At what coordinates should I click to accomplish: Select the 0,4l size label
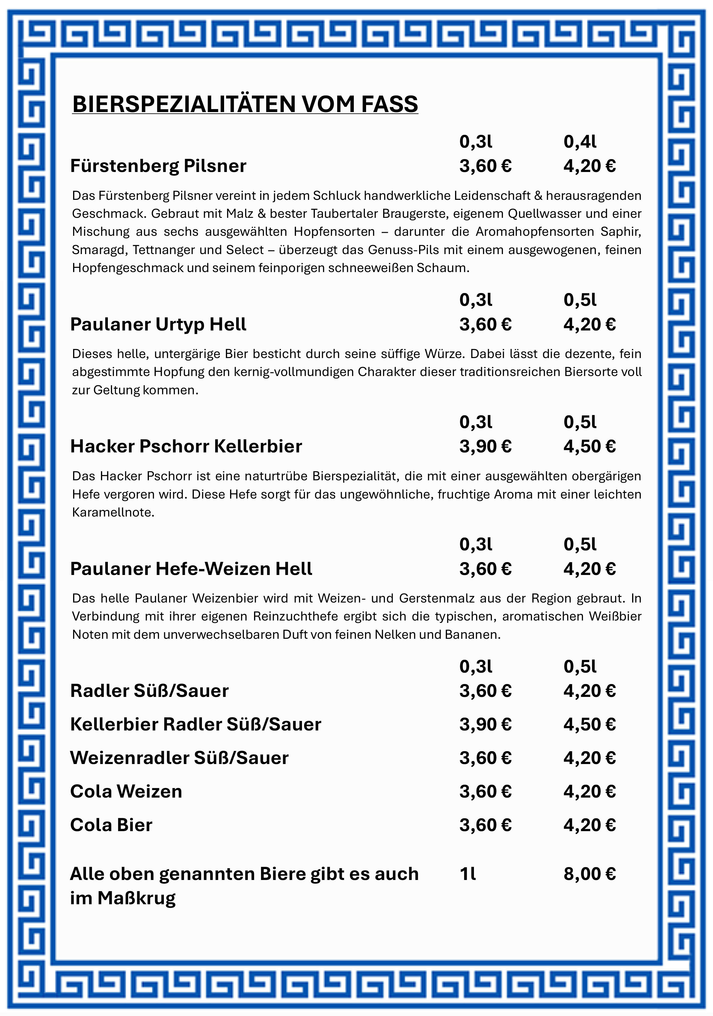[580, 142]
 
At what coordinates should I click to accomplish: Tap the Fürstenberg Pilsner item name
[158, 166]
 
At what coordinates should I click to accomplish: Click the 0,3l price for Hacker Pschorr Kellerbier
[485, 446]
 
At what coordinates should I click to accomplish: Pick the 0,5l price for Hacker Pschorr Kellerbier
[589, 446]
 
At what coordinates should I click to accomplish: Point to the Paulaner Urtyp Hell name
[158, 324]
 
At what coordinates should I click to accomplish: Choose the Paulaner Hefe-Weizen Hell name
[191, 569]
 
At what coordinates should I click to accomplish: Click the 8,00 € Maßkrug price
[589, 874]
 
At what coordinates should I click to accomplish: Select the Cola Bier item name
[111, 825]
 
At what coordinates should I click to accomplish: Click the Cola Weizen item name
[126, 791]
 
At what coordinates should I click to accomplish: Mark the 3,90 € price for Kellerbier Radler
[485, 724]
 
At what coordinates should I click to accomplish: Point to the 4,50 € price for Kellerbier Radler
[589, 724]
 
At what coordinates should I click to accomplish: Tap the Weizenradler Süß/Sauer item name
[179, 757]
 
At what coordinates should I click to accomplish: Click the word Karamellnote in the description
[113, 512]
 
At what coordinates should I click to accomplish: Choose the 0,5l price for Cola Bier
[589, 825]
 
